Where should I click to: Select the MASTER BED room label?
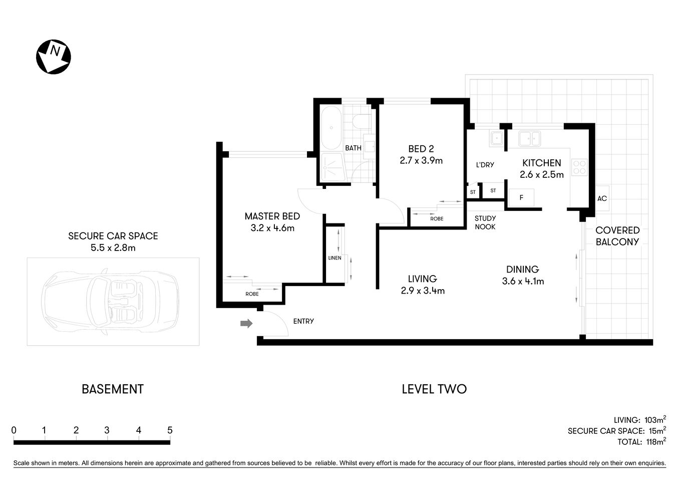coord(272,216)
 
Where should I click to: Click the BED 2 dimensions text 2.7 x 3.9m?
coord(421,161)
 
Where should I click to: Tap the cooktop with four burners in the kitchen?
coord(579,167)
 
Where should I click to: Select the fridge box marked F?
coord(521,198)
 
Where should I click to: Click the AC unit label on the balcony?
coord(602,198)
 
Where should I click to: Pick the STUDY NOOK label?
coord(485,222)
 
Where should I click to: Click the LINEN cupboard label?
coord(334,258)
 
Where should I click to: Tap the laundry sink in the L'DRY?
coord(497,138)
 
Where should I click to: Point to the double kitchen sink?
coord(529,138)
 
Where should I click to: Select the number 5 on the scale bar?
coord(170,430)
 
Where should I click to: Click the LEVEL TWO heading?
coord(434,389)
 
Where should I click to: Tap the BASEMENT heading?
coord(113,389)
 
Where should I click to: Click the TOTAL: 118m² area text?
coord(641,442)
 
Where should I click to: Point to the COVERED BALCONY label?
coord(617,236)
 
